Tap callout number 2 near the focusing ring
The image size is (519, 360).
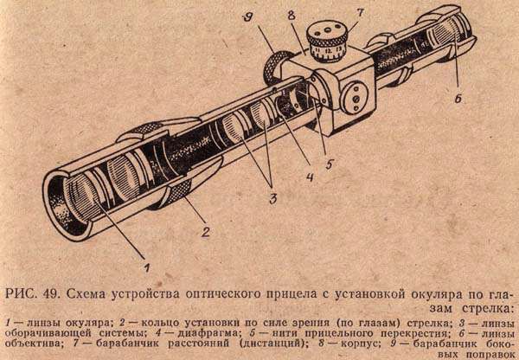(x=206, y=232)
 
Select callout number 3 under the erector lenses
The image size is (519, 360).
(x=272, y=199)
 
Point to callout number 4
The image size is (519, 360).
(x=310, y=177)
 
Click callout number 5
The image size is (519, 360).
(x=330, y=164)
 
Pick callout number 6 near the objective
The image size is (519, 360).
(x=458, y=99)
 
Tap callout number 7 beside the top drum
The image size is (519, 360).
(x=360, y=14)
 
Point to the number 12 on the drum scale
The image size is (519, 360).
(x=328, y=52)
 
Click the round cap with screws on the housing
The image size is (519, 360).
(x=354, y=99)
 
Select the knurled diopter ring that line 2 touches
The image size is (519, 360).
(x=180, y=195)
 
